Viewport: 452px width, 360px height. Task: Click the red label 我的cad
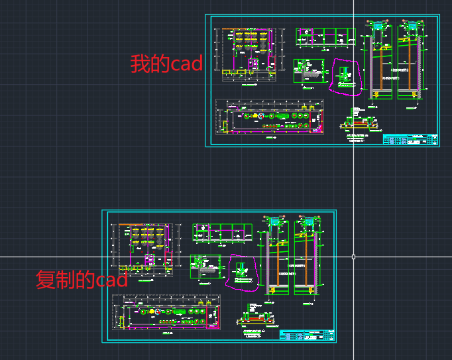[166, 64]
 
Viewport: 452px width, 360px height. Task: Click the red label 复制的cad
[81, 279]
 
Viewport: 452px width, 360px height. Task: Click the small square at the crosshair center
[353, 257]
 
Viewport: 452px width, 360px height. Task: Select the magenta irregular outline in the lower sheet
[242, 272]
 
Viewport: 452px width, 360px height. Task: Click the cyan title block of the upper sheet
[411, 139]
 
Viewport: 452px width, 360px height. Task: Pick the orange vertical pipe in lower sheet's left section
[276, 259]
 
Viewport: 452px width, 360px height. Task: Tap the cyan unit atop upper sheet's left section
[378, 26]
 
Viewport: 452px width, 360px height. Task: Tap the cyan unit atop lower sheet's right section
[307, 221]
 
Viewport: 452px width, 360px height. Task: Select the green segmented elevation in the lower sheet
[222, 232]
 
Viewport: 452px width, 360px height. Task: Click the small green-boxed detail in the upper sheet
[305, 70]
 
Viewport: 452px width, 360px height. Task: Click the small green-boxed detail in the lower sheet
[202, 265]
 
